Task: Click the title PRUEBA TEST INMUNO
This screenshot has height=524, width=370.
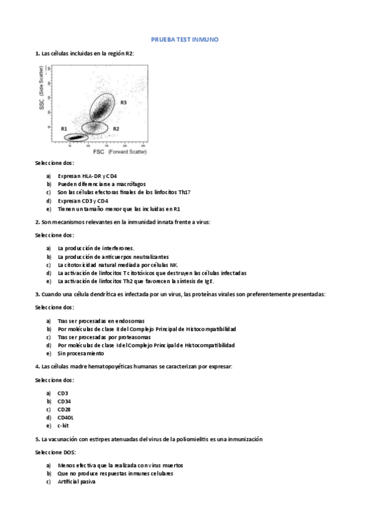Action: tap(185, 40)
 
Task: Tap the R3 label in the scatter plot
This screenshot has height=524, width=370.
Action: tap(124, 102)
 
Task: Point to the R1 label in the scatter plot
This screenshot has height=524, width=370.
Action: tap(64, 128)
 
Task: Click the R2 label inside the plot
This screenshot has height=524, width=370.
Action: tap(116, 128)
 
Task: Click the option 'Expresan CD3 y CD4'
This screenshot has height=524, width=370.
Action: tap(83, 201)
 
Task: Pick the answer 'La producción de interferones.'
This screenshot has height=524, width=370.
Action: tap(96, 248)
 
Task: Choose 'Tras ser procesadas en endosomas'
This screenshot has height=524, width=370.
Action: tap(101, 321)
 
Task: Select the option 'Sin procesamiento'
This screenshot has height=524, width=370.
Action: tap(81, 354)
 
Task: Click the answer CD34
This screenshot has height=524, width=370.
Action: tap(65, 401)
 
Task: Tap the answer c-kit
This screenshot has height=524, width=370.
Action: tap(63, 426)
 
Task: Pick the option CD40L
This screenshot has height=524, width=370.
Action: tap(65, 418)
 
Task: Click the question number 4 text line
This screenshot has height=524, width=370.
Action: tap(134, 366)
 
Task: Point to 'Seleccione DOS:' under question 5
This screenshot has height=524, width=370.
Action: tap(55, 452)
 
